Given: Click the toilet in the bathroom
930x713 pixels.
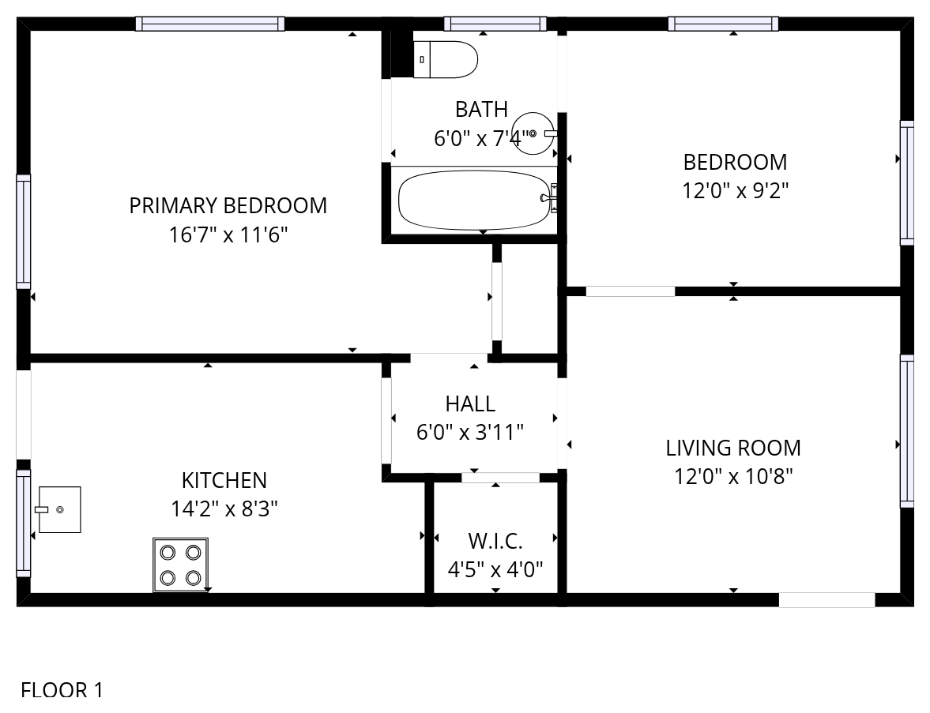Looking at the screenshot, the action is coord(445,59).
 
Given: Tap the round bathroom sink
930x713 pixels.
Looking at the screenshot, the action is coord(534,133).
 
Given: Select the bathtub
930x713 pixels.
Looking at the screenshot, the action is coord(476,200).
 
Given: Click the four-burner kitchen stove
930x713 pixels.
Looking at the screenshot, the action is coord(180,565).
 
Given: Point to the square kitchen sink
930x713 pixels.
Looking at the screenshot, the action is coord(58,510).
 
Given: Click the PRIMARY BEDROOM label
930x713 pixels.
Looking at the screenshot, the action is coord(228,205).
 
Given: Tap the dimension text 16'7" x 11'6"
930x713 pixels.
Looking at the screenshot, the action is coord(228,235).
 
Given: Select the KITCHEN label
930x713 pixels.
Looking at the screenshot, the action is coord(224,480).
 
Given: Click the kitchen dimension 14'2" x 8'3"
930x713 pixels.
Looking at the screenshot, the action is coord(224,508).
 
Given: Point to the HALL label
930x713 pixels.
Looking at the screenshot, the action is coord(470,404).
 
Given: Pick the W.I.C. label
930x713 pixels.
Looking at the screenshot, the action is coord(495,541).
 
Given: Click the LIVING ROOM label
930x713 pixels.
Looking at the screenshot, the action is coord(733,448).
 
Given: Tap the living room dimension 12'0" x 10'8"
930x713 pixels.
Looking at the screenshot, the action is coord(734,476).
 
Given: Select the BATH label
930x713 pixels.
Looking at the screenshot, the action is coord(482,110).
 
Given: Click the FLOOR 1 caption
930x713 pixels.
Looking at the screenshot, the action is coord(62,690).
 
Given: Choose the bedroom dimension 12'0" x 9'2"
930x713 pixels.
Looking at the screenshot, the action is coord(736,191).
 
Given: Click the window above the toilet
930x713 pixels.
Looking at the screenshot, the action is coord(495,24).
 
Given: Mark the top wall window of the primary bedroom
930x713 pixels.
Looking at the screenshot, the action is coord(210,24).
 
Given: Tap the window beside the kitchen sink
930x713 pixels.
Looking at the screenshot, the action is coord(23,523).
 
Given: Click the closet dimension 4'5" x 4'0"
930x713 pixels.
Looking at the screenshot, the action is coord(495,569).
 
